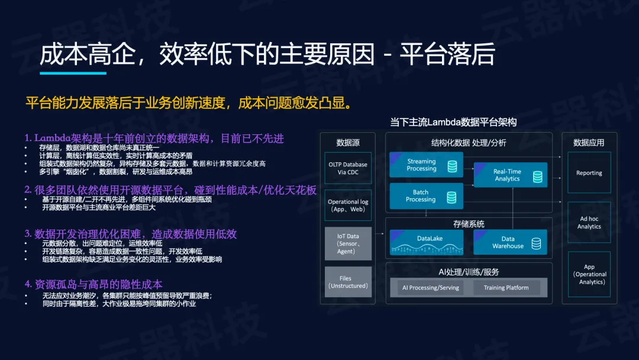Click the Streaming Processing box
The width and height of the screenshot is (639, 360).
(426, 165)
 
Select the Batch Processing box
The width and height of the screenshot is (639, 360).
(426, 196)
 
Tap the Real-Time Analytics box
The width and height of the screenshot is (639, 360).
(510, 175)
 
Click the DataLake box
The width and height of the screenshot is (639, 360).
(426, 243)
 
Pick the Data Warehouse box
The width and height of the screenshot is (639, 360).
(510, 243)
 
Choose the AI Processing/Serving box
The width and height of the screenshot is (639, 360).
(430, 287)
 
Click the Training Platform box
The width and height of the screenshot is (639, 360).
(506, 287)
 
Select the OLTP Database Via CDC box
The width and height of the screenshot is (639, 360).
(348, 168)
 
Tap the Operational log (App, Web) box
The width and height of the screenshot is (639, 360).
(348, 205)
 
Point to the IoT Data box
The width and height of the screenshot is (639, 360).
(348, 244)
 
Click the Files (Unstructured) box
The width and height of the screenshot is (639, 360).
(348, 282)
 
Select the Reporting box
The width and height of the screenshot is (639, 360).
(589, 172)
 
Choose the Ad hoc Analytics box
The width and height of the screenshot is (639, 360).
(589, 223)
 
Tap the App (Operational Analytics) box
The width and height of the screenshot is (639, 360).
(589, 274)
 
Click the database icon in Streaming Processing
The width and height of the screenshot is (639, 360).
(453, 166)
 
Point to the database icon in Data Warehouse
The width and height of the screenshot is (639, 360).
(536, 244)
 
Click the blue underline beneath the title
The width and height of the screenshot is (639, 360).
(73, 73)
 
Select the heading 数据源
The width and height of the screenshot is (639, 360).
(348, 143)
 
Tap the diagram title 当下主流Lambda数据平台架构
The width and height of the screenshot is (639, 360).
(453, 122)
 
